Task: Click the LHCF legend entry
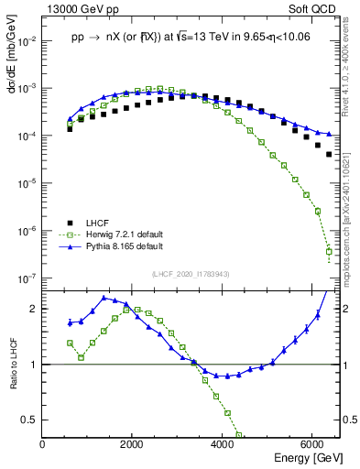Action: tap(96, 223)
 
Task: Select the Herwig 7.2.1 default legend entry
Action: tap(124, 234)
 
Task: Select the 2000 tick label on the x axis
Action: tap(133, 445)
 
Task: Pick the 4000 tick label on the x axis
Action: tap(223, 445)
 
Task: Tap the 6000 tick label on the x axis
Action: tap(312, 445)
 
